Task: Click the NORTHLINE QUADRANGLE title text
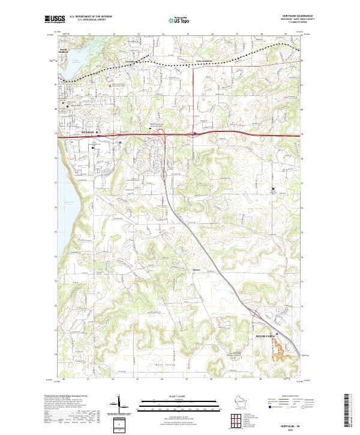click(x=295, y=16)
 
